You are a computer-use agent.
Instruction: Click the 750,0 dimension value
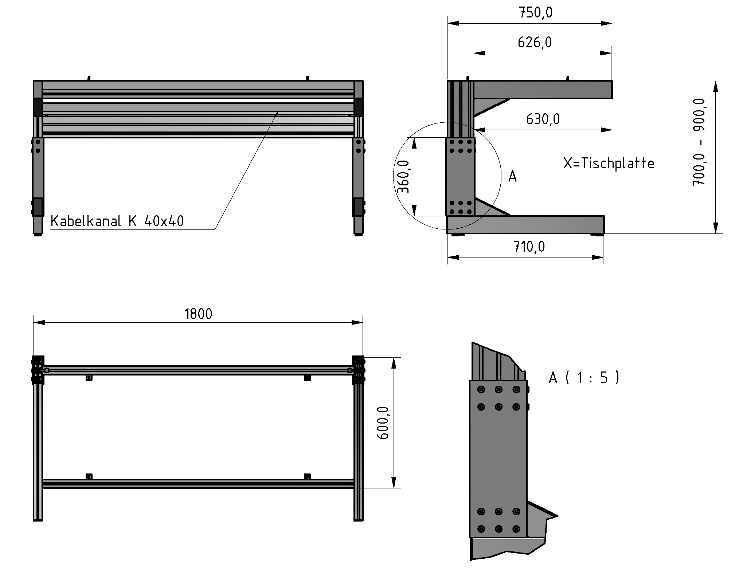click(535, 13)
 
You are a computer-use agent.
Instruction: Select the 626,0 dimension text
click(535, 43)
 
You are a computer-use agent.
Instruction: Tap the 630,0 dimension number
click(543, 119)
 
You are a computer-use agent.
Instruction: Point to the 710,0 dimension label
click(529, 247)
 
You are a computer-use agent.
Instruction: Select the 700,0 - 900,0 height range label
click(699, 142)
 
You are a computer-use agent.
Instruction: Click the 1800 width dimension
click(198, 314)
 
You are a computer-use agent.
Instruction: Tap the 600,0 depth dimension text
click(383, 423)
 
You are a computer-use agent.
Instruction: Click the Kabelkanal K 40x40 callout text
click(117, 221)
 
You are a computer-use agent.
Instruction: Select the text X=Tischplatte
click(609, 163)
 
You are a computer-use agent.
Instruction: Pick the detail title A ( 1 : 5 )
click(584, 378)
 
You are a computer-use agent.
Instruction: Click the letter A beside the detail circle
click(512, 177)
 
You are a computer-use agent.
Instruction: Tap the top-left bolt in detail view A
click(481, 390)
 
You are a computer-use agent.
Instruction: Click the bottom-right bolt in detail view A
click(516, 529)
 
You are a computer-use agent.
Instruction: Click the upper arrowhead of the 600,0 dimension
click(394, 362)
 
